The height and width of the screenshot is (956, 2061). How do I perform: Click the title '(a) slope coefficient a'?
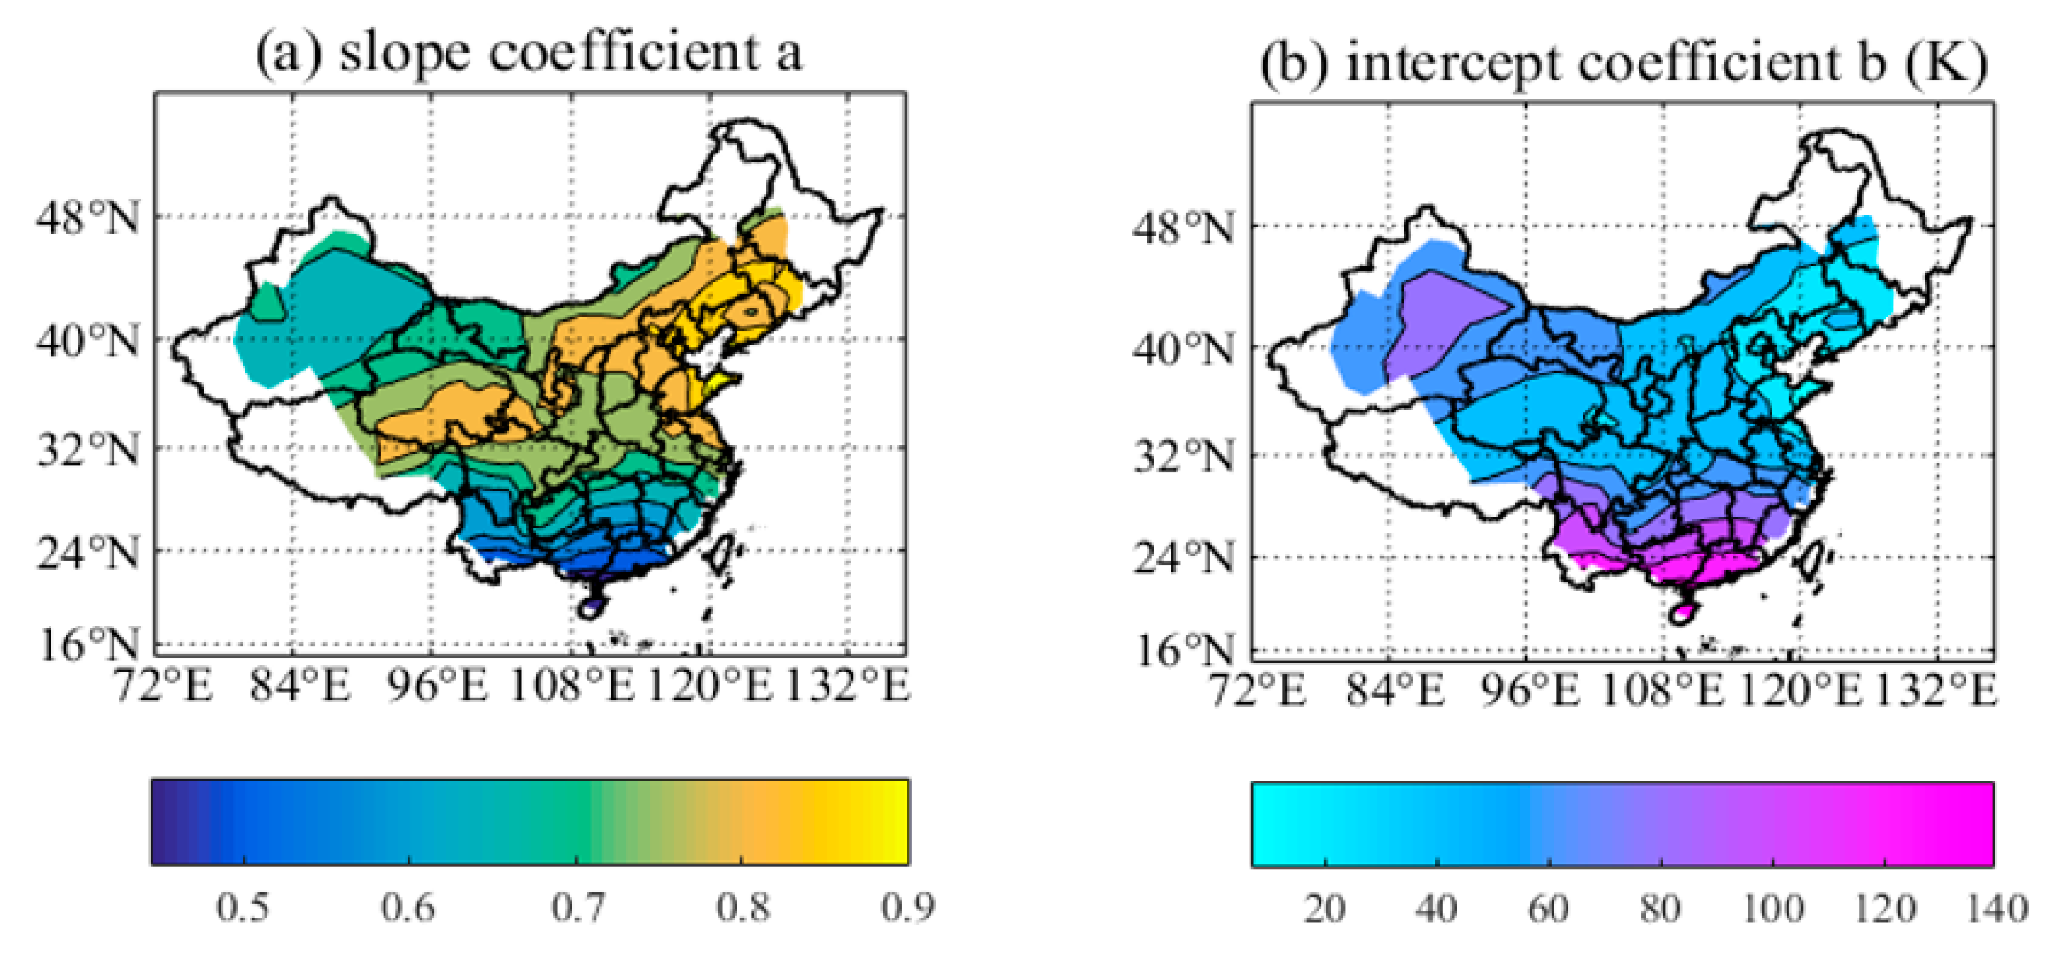528,55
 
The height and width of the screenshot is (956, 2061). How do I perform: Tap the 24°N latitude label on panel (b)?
1183,558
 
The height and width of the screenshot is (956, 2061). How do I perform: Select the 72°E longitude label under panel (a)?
164,687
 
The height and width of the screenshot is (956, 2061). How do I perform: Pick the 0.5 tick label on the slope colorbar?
243,908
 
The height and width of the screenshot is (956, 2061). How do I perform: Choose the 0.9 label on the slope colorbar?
907,908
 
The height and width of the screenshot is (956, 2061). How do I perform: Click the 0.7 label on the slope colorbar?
578,908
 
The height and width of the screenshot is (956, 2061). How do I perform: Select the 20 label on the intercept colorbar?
1325,910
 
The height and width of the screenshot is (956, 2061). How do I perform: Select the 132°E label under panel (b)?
1947,690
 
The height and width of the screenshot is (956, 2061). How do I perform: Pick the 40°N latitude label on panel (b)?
1183,350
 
